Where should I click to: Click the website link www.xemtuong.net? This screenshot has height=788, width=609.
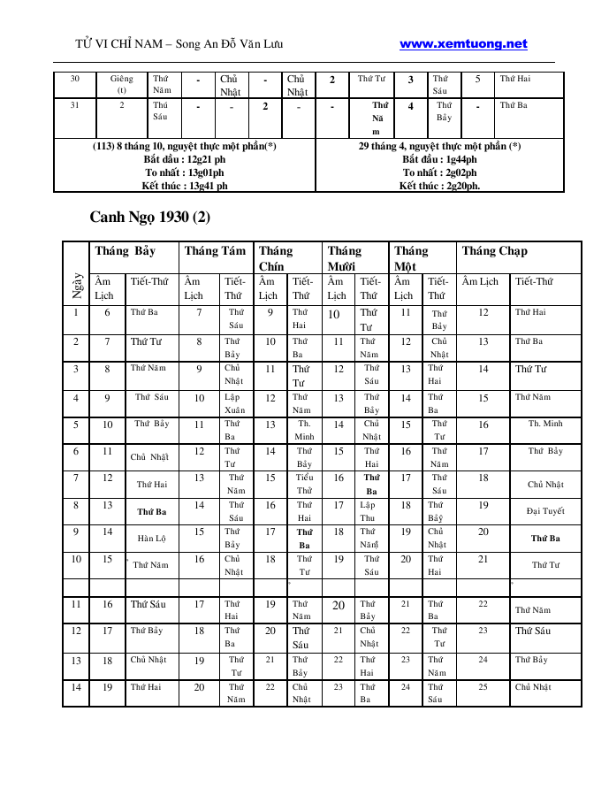coord(463,44)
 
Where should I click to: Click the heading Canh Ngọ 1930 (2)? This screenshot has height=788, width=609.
coord(150,217)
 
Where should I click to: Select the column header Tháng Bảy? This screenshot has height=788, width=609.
coord(126,251)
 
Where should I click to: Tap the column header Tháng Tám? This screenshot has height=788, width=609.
coord(215,251)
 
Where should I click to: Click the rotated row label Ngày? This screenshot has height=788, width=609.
coord(77,287)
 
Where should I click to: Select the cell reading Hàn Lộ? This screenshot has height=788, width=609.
coord(151,538)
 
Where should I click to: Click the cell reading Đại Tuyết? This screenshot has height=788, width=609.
coord(544,511)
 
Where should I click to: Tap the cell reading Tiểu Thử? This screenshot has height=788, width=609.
coord(304,484)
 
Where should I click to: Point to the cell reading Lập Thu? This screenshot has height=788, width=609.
coord(368,511)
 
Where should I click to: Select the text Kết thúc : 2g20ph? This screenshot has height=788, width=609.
coord(439,186)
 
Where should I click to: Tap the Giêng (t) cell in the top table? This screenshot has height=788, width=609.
coord(122,84)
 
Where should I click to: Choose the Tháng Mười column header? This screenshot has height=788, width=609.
coord(345,258)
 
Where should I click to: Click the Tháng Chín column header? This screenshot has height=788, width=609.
coord(277,258)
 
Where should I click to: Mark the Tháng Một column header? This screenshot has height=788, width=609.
coord(411,258)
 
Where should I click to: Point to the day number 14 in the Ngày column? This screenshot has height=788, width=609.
coord(76,687)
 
